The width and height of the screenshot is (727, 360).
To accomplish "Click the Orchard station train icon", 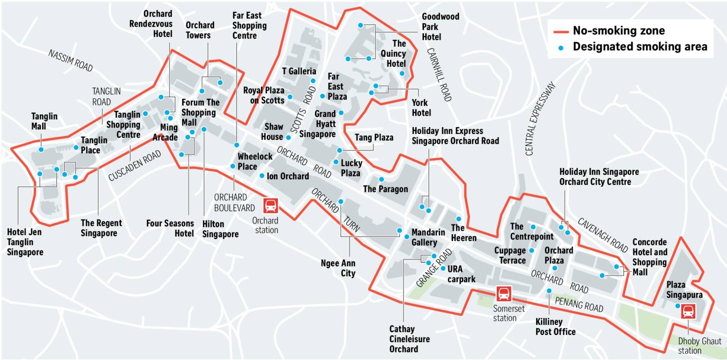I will pos(270,205).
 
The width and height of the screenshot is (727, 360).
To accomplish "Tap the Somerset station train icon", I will pos(503,294).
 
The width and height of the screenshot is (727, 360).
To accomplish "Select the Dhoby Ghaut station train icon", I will pos(688,311).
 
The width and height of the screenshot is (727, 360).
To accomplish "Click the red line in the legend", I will pos(561,31).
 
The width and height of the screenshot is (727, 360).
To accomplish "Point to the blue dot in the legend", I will pos(561,47).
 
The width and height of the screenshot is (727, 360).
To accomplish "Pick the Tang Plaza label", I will pos(373,137).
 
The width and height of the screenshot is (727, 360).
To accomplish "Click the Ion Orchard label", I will pos(288,176).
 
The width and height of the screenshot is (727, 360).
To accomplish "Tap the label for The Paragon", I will pos(385,189).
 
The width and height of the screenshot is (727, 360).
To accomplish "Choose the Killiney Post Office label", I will pos(555,327).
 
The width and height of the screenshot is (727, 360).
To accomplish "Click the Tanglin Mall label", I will pos(44,121).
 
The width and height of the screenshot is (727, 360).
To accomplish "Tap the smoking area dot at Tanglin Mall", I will pos(41,150).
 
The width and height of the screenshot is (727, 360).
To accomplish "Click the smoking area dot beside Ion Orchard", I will pos(262,175).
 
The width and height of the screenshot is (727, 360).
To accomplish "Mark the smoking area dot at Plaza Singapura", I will pos(677,306).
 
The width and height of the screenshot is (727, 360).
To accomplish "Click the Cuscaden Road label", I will pos(134,165).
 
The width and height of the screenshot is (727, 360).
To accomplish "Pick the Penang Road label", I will pos(579,304).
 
